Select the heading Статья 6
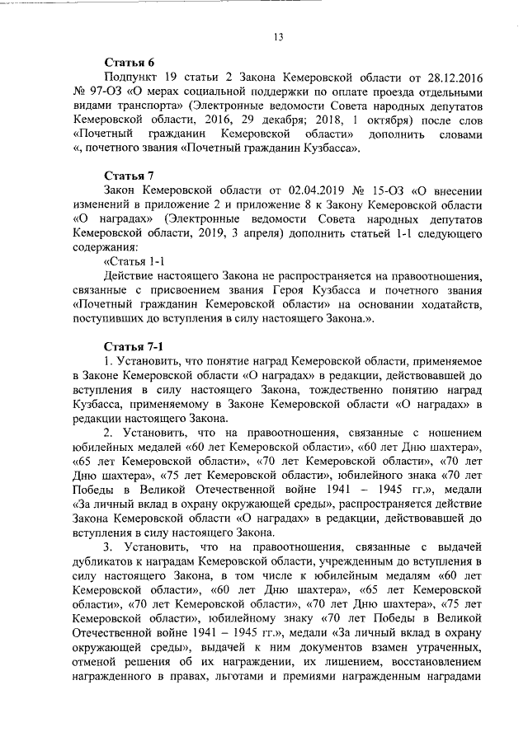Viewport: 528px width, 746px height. click(x=128, y=63)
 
